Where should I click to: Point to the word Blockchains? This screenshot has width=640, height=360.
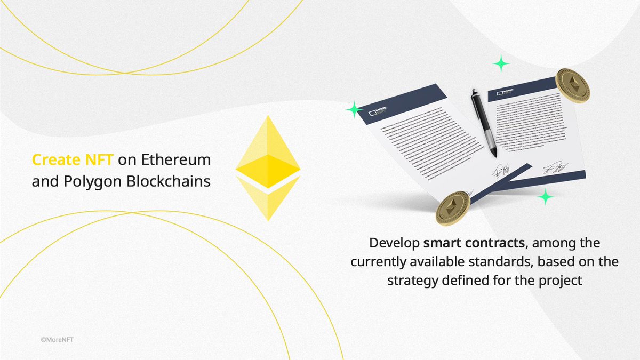tap(169, 181)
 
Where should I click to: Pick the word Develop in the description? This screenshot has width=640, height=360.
tap(394, 244)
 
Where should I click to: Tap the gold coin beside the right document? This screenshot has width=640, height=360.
tap(572, 86)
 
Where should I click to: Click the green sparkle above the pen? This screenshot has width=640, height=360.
tap(501, 63)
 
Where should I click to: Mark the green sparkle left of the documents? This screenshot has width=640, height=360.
tap(353, 110)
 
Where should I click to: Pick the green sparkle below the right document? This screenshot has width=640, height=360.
tap(545, 197)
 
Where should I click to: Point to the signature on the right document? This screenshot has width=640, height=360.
tap(555, 167)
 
